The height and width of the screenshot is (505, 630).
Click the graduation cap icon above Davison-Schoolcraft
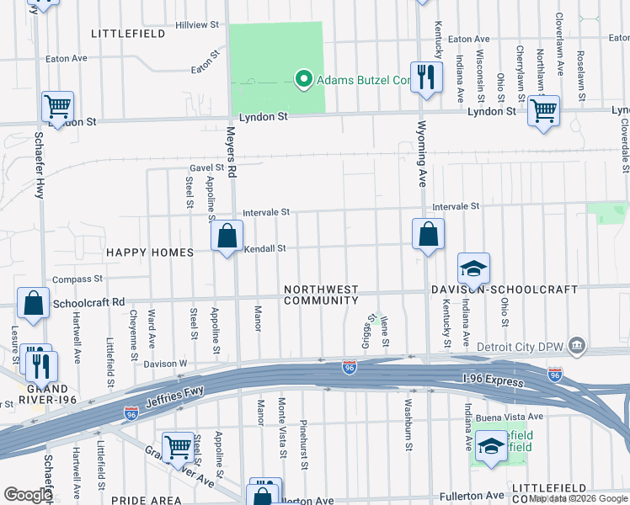[x=473, y=269]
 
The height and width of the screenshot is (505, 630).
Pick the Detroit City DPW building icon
[x=576, y=344]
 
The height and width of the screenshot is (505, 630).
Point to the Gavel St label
[x=206, y=167]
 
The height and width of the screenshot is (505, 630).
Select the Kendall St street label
[x=265, y=248]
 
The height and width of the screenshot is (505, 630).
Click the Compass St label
[x=77, y=279]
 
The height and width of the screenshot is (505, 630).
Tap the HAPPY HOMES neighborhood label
[x=149, y=252]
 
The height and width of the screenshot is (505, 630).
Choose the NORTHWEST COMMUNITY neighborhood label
[x=321, y=295]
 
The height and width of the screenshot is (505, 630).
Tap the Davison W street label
[x=165, y=364]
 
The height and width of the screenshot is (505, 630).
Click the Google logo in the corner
[x=28, y=495]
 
